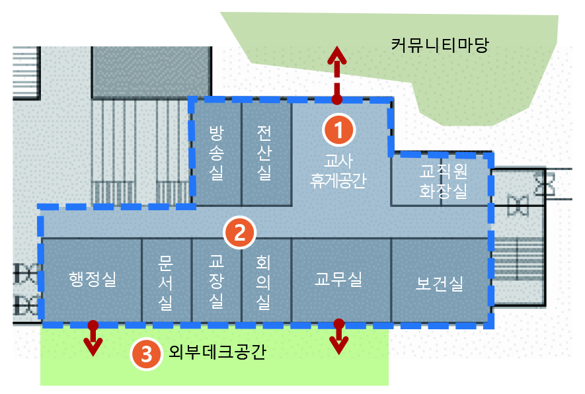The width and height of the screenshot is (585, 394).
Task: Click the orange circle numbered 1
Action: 339,130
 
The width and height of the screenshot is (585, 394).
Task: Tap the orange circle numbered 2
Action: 239,232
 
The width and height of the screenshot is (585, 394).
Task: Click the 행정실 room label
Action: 93,279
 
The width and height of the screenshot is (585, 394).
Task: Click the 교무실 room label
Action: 338,279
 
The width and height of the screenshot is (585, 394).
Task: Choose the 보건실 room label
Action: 440,284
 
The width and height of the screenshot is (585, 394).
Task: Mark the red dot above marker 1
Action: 337,100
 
